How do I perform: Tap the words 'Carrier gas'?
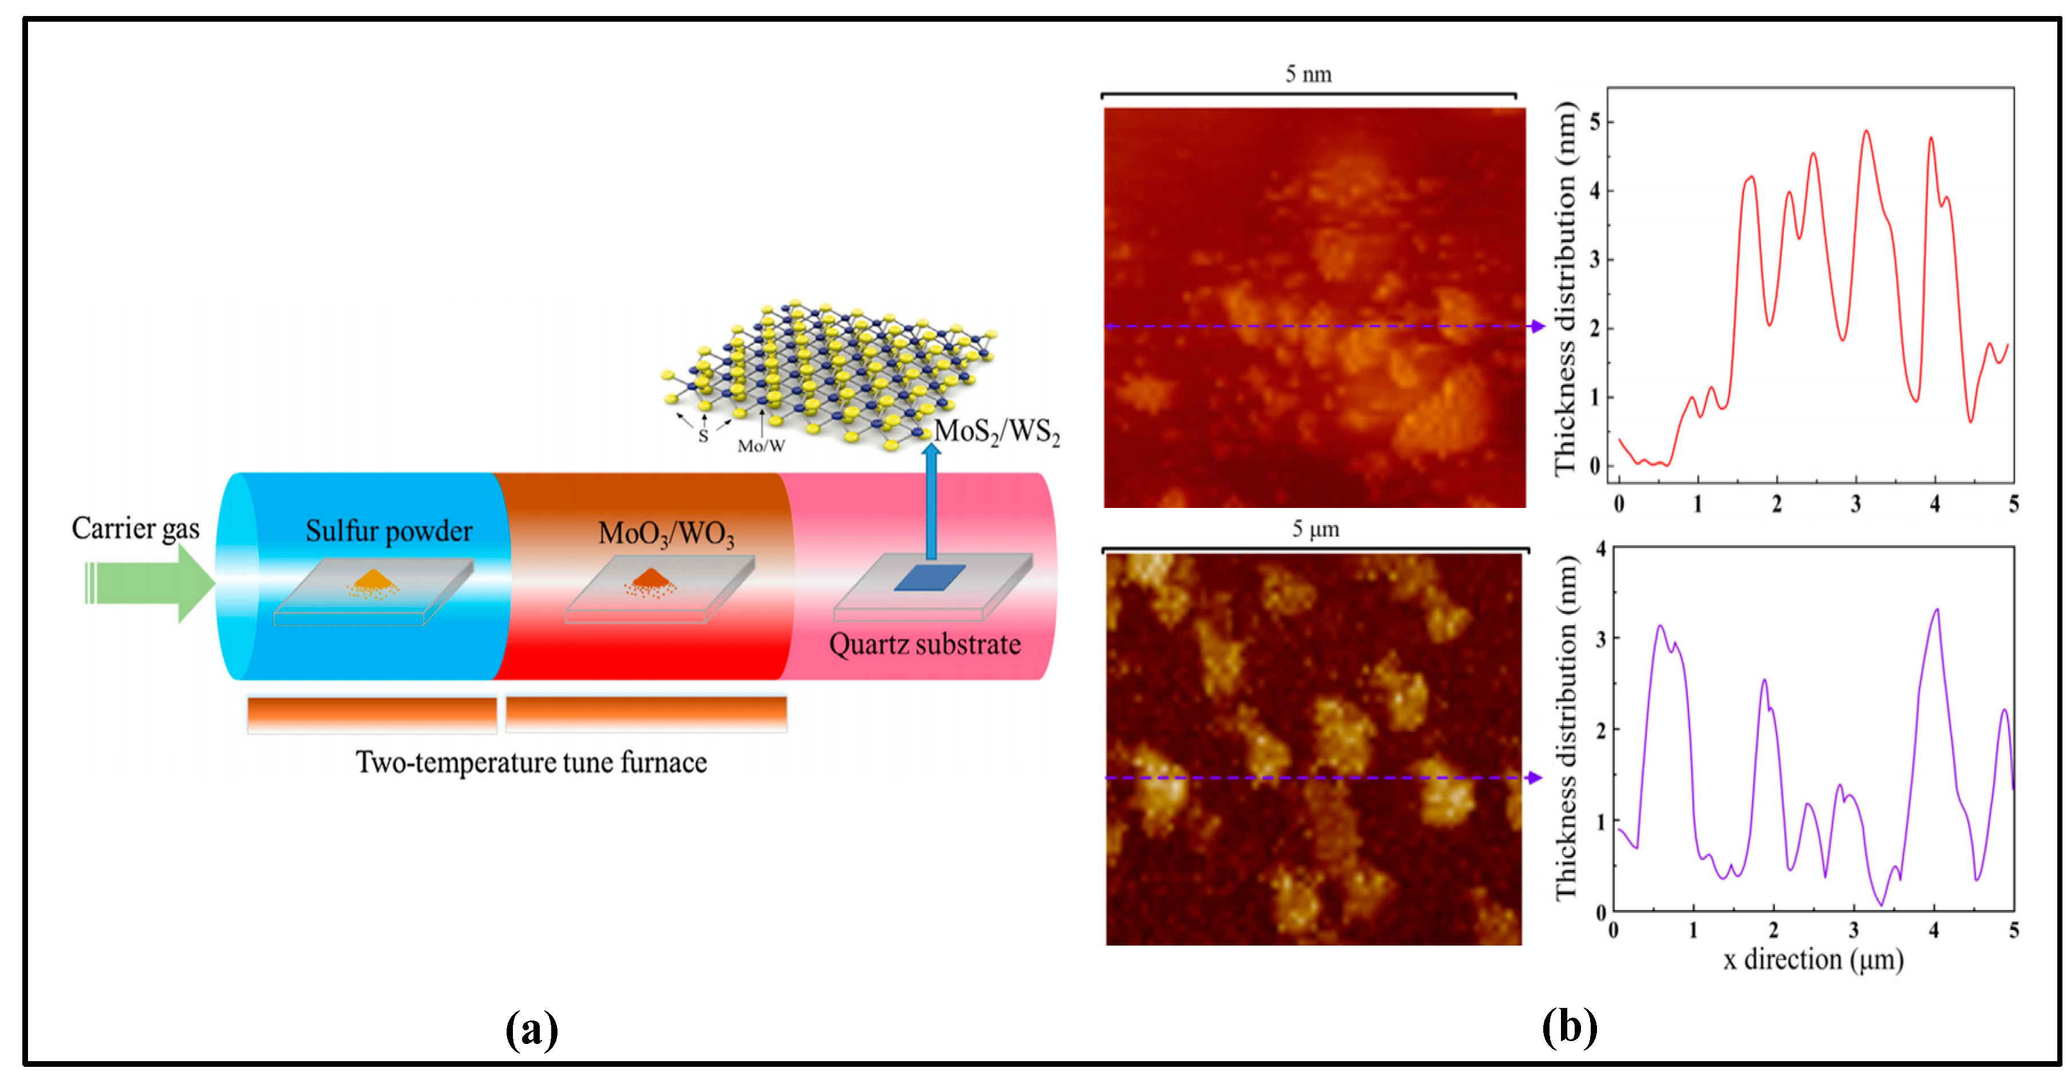coord(135,529)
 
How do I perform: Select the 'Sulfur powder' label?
coord(388,531)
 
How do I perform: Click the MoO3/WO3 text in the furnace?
coord(666,534)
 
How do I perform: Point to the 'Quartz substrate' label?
coord(925,644)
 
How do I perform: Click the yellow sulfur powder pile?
coord(372,581)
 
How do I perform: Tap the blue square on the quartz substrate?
coord(929,577)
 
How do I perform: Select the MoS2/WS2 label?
coord(997,432)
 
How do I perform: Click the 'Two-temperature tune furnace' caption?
coord(531,763)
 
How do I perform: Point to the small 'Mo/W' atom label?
coord(760,446)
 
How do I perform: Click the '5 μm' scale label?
coord(1315,529)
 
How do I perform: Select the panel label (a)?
coord(531,1029)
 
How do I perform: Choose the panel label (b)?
coord(1568,1027)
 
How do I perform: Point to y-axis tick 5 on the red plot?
coord(1595,122)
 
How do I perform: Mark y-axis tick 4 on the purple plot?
coord(1600,549)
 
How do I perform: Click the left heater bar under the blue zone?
coord(372,714)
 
